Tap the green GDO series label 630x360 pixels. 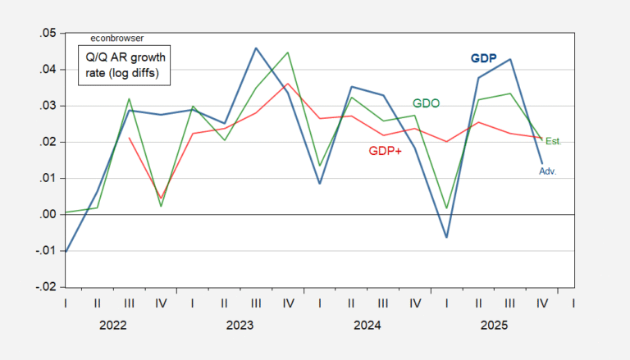point(426,104)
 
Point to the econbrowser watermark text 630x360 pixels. point(116,39)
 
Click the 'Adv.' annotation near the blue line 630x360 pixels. point(548,171)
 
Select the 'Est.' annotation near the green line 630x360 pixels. point(553,142)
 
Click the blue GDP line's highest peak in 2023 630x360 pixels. point(256,48)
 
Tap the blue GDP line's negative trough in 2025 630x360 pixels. point(447,237)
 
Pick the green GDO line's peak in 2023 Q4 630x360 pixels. point(288,52)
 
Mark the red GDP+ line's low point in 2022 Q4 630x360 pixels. point(161,198)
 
